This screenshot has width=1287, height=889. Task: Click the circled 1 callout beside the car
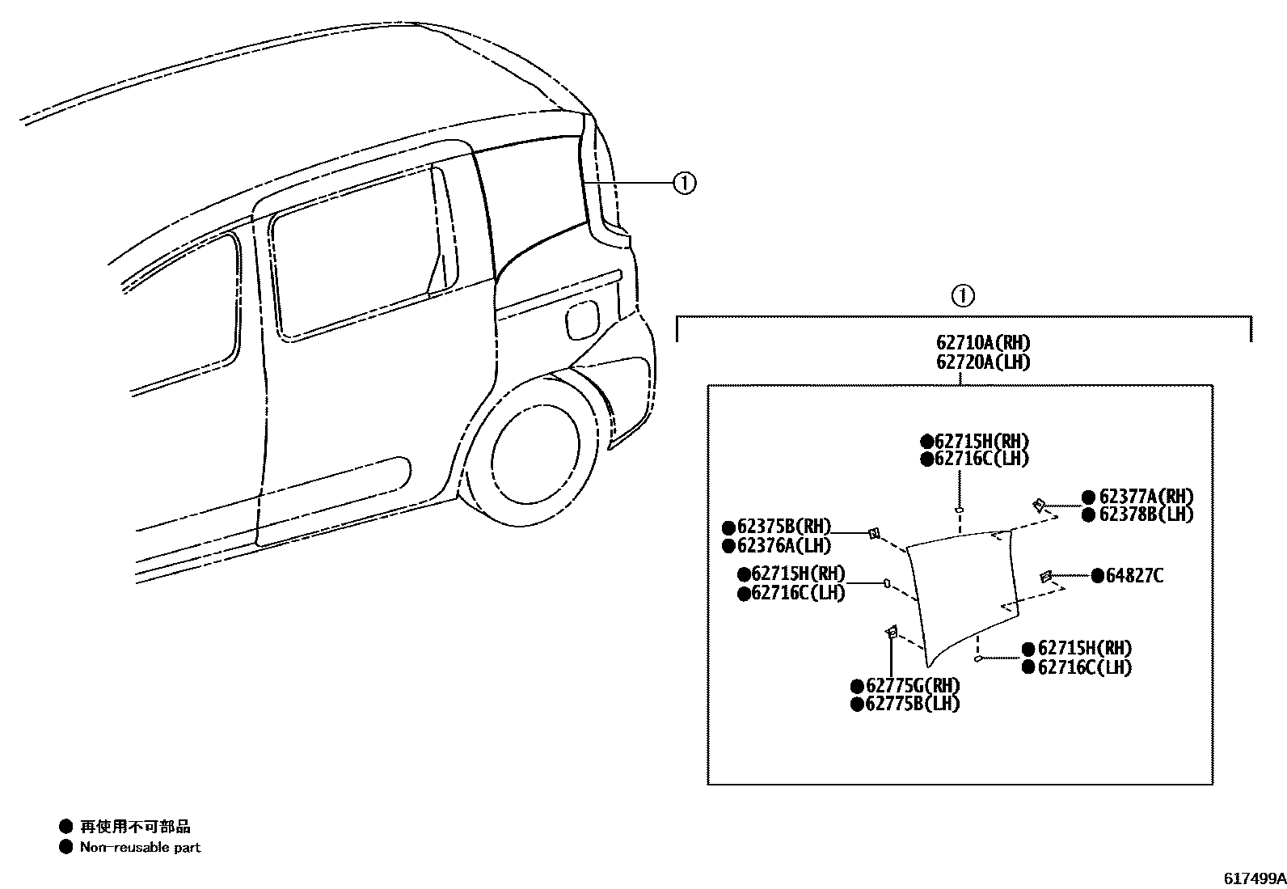pos(684,184)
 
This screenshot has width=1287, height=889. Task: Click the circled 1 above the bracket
pos(962,296)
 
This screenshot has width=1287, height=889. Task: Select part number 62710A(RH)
pos(983,343)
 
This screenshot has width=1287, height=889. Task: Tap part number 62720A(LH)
pos(983,362)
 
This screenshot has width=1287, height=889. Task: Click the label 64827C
pos(1134,576)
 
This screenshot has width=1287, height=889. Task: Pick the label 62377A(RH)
pos(1146,497)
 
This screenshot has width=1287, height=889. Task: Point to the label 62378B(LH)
pos(1146,514)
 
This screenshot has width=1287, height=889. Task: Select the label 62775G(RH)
pos(913,686)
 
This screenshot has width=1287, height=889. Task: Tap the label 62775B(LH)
pos(913,705)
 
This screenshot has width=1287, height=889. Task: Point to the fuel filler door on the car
pos(582,320)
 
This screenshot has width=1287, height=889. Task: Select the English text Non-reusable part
pos(140,847)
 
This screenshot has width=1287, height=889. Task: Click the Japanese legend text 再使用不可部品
pos(135,827)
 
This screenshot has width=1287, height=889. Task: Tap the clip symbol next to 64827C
pos(1045,576)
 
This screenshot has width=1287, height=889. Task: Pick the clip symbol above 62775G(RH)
pos(892,631)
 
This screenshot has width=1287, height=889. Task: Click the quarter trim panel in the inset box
pos(962,591)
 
